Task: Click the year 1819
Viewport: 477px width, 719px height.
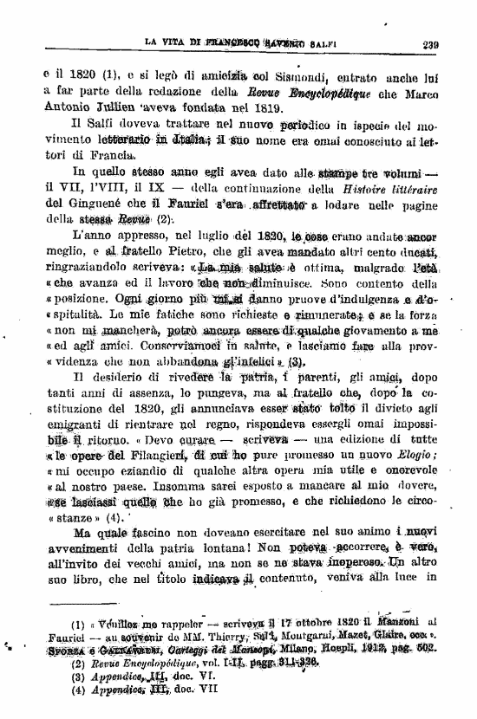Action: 265,108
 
